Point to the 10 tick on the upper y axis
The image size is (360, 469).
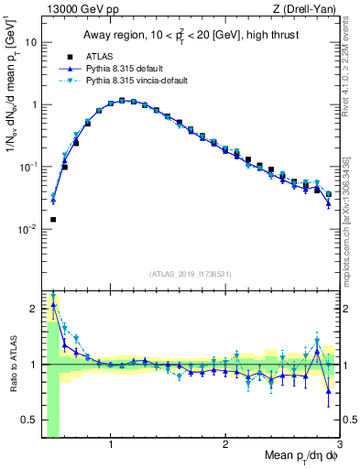click(x=30, y=42)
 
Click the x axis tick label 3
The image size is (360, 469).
click(x=339, y=446)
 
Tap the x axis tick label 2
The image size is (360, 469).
click(x=225, y=446)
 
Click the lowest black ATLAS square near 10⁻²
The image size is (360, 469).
click(x=53, y=220)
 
